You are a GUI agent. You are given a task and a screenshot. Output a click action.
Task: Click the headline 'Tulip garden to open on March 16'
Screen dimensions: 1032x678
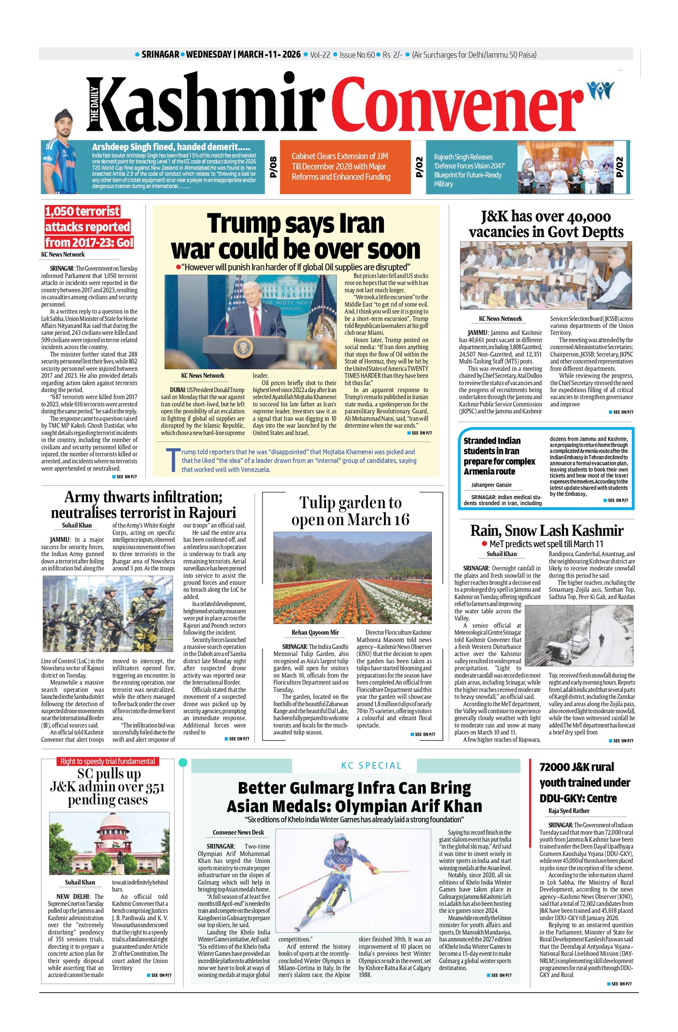tap(350, 511)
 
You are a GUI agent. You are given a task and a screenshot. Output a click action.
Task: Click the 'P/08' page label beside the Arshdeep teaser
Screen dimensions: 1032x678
tap(272, 167)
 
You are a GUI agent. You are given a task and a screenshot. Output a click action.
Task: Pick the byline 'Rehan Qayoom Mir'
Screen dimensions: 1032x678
tap(315, 632)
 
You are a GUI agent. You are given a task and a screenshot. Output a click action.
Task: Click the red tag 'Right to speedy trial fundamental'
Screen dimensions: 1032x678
tap(108, 761)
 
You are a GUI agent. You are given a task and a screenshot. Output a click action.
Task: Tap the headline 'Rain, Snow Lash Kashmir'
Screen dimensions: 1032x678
tap(547, 530)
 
